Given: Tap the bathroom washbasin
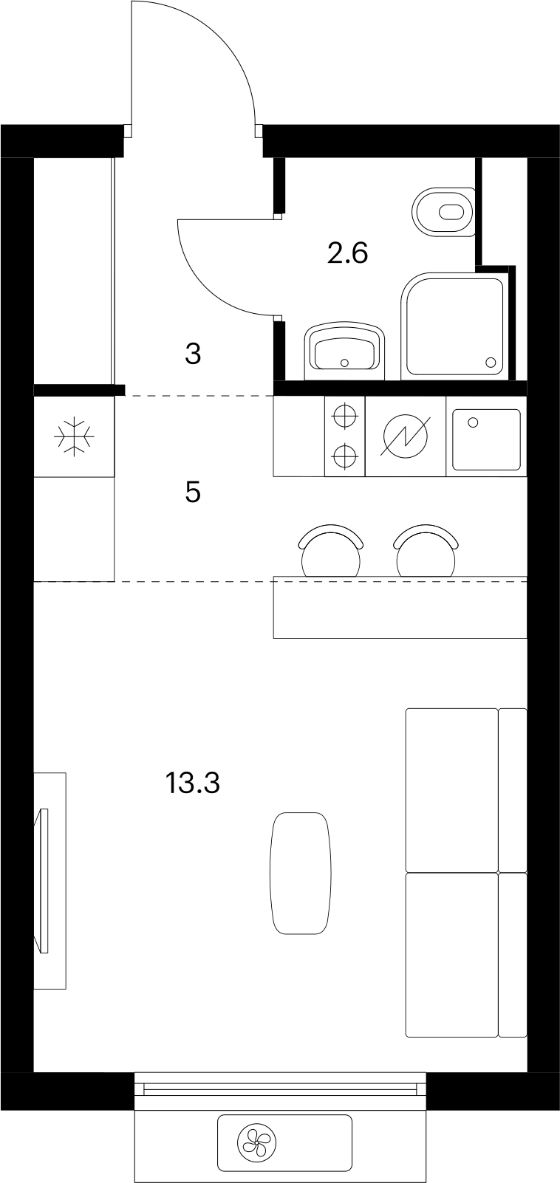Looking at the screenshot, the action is [344, 352].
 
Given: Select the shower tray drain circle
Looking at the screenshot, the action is [491, 363].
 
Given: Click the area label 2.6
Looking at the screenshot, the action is [347, 253].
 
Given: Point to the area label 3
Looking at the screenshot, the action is [194, 354].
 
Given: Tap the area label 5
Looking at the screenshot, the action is [193, 493].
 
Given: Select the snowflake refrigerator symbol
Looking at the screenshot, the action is [75, 436].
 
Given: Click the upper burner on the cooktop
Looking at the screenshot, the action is [344, 416].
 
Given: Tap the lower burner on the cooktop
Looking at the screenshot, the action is [344, 456].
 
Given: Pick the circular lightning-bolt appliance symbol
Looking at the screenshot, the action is [406, 436].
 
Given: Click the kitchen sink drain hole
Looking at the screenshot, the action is [473, 422].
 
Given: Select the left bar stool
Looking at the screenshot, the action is [331, 552].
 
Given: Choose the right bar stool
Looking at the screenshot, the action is [426, 552].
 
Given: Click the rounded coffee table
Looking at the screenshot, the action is [301, 873].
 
